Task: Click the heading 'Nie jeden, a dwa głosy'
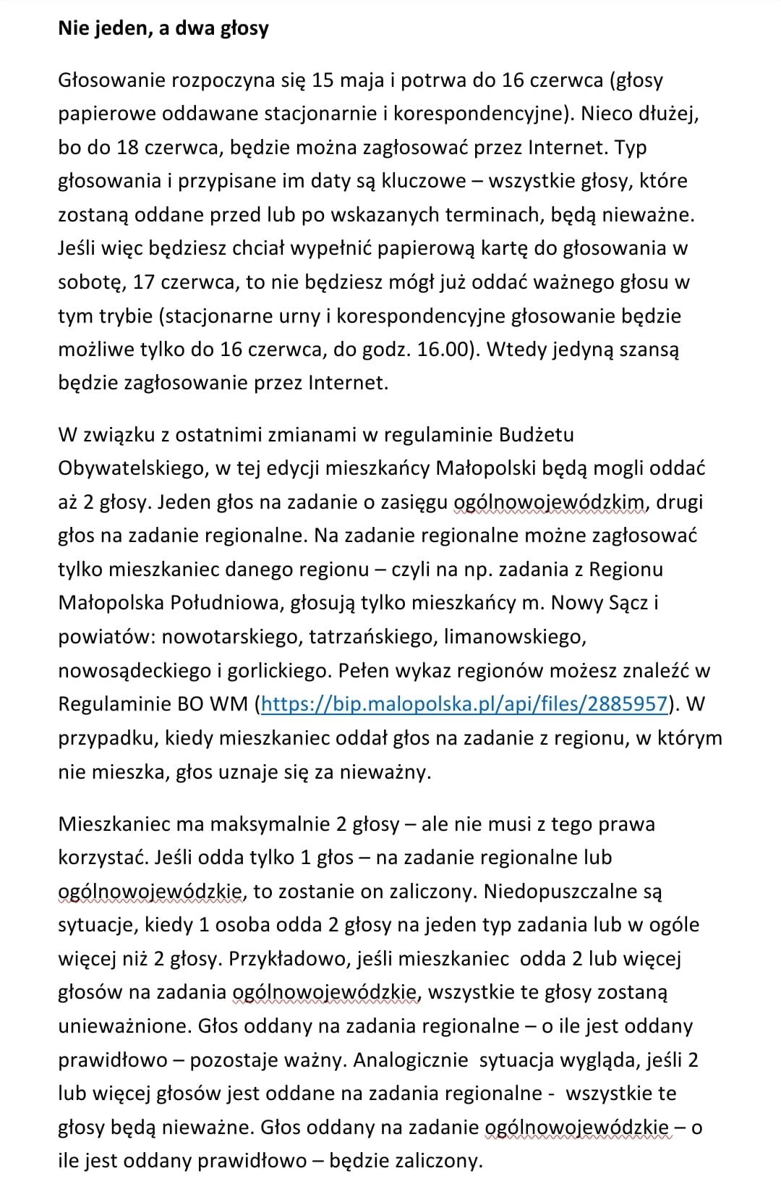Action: pos(163,29)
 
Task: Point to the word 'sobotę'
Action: pos(88,282)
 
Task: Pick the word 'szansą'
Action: pos(646,350)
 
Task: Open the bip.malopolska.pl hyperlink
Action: pos(464,704)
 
